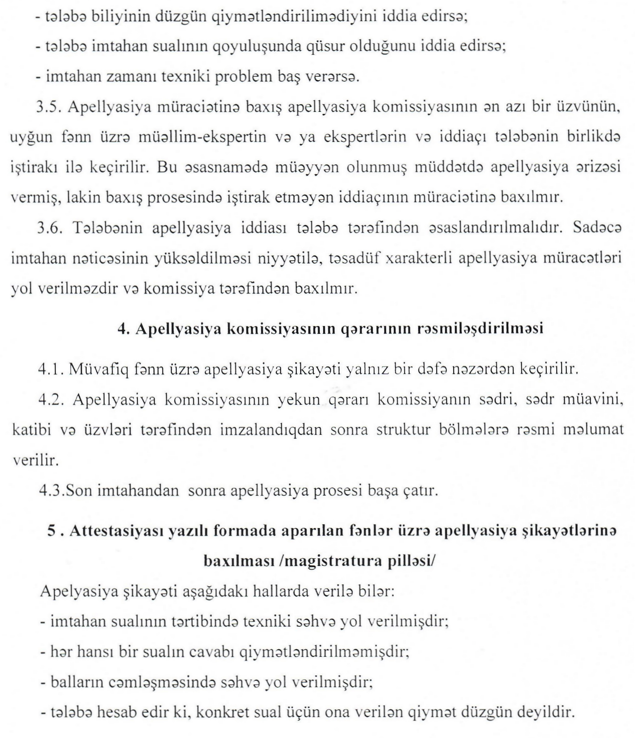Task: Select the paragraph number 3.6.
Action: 50,228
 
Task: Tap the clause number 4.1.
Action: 51,369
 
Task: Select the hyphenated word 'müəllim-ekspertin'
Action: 202,137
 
